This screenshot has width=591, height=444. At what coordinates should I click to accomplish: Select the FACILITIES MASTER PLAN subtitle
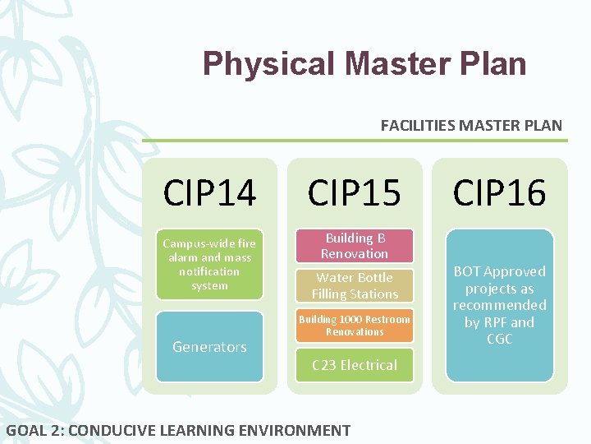pyautogui.click(x=471, y=126)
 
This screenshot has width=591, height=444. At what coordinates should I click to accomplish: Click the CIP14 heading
pyautogui.click(x=209, y=193)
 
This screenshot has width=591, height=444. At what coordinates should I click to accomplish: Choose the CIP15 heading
pyautogui.click(x=355, y=193)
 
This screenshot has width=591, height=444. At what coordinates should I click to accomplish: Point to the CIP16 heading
pyautogui.click(x=499, y=193)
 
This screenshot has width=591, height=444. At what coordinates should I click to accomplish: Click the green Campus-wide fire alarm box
pyautogui.click(x=209, y=264)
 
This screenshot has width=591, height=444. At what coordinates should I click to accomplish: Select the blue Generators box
pyautogui.click(x=209, y=346)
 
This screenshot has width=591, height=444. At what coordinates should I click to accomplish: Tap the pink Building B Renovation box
pyautogui.click(x=355, y=246)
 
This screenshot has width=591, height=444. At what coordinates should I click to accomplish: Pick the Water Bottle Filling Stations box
pyautogui.click(x=355, y=286)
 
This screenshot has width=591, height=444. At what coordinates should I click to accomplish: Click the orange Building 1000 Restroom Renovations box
pyautogui.click(x=355, y=326)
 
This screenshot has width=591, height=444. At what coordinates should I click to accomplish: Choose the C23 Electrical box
pyautogui.click(x=355, y=365)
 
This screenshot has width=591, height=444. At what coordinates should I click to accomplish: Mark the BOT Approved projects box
pyautogui.click(x=499, y=305)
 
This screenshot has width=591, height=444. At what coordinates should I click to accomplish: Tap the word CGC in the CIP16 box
pyautogui.click(x=499, y=340)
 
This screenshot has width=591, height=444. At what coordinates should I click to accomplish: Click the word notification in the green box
pyautogui.click(x=209, y=271)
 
